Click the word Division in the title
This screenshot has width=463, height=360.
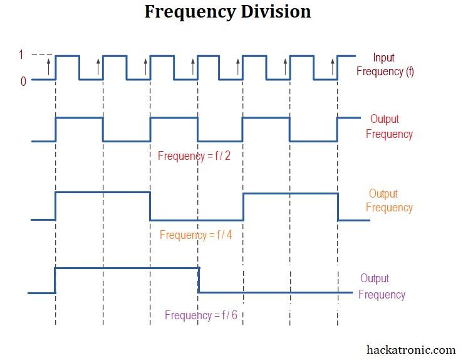[x=276, y=12]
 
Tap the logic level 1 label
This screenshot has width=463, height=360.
[x=21, y=55]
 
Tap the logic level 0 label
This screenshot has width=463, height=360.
[x=23, y=82]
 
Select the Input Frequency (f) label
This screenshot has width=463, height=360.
[x=385, y=65]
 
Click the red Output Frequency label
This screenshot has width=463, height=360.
[x=389, y=127]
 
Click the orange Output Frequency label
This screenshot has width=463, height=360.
[x=389, y=201]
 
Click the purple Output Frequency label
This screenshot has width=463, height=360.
[x=382, y=287]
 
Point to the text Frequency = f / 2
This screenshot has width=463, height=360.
[x=194, y=156]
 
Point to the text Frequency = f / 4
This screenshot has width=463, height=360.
[x=195, y=235]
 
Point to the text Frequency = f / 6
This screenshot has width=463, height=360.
[x=201, y=315]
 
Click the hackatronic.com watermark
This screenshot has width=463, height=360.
[x=411, y=350]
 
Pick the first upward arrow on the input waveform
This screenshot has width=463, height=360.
[x=49, y=66]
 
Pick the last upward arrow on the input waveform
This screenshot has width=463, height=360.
[x=333, y=66]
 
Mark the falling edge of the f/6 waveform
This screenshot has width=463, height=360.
[x=199, y=280]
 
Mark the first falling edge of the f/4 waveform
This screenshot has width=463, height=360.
[x=150, y=206]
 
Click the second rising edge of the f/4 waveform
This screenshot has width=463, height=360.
[x=243, y=207]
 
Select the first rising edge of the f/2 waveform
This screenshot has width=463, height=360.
[x=56, y=129]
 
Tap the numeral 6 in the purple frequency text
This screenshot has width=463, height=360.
[x=234, y=315]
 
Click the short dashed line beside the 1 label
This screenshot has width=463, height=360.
[x=41, y=55]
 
